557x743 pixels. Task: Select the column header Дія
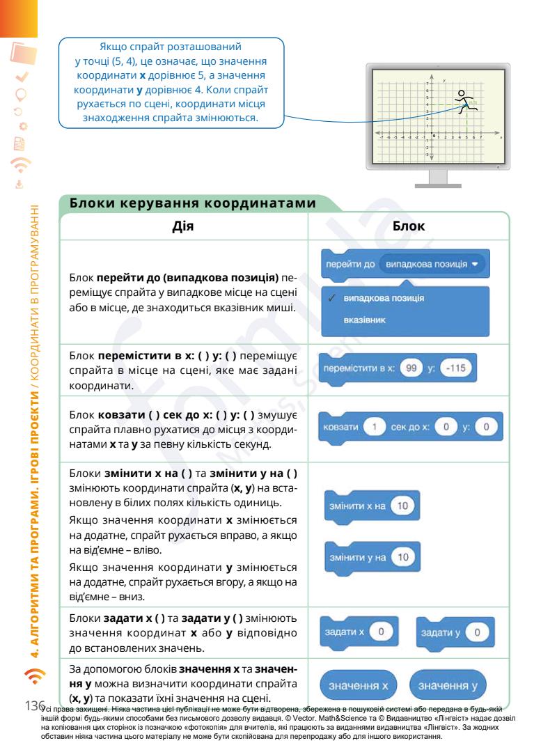(x=183, y=226)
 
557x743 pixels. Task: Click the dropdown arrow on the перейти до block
(x=475, y=265)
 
